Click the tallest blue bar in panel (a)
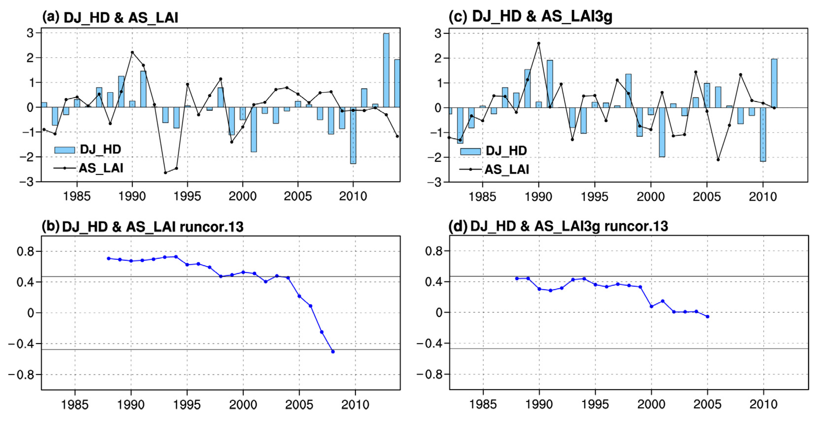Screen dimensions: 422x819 [386, 70]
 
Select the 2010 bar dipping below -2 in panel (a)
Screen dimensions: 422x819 [353, 135]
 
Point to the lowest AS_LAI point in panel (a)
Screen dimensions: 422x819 [165, 173]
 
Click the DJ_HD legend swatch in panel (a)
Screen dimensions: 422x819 [65, 150]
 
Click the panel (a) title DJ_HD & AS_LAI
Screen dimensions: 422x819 [121, 17]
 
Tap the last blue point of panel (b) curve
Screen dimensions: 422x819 [333, 352]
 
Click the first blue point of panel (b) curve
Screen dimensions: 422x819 [109, 258]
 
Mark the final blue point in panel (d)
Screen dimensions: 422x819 [708, 317]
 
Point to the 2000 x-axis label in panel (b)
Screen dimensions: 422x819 [243, 405]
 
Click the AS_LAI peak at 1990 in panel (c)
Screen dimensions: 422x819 [539, 44]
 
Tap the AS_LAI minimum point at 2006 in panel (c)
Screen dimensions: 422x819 [718, 160]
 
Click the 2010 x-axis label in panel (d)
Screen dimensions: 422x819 [763, 404]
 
